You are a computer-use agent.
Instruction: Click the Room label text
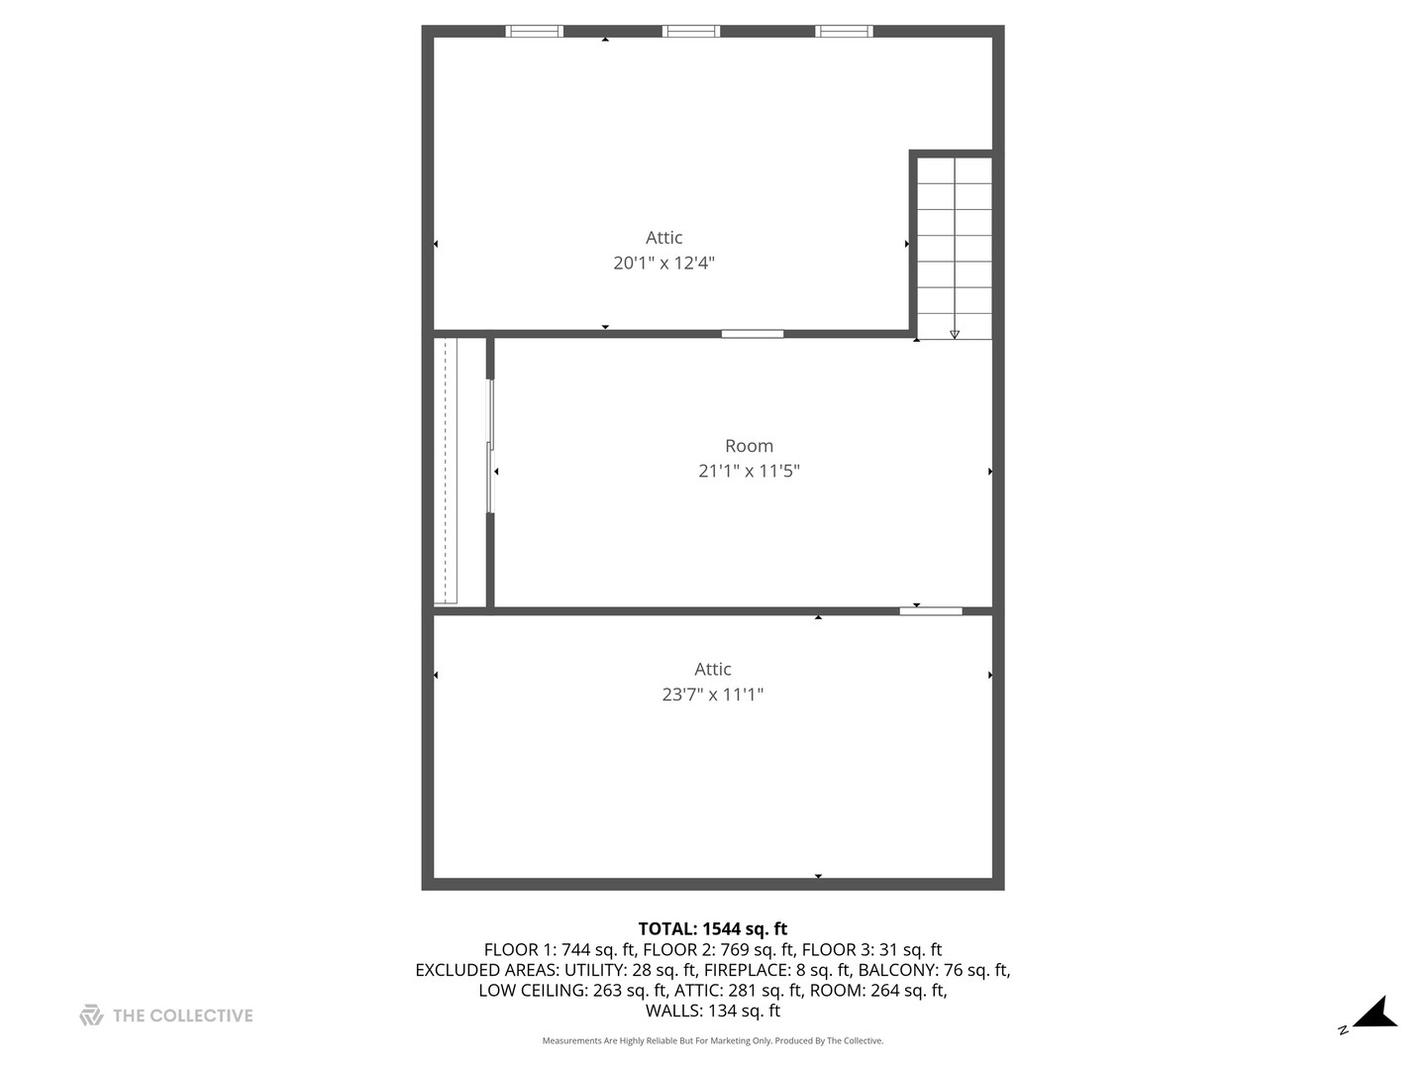pyautogui.click(x=749, y=446)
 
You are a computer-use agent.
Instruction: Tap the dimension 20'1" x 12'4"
pyautogui.click(x=663, y=263)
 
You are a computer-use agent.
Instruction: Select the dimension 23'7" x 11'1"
pyautogui.click(x=712, y=695)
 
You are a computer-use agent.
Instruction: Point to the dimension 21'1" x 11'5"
pyautogui.click(x=749, y=472)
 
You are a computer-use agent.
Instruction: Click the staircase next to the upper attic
pyautogui.click(x=954, y=248)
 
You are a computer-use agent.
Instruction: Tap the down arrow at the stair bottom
pyautogui.click(x=955, y=334)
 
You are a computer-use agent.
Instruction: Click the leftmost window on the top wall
pyautogui.click(x=535, y=32)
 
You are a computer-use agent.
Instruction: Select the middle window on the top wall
pyautogui.click(x=691, y=32)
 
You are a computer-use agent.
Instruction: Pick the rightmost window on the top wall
pyautogui.click(x=844, y=32)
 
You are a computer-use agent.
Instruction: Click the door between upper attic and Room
pyautogui.click(x=753, y=334)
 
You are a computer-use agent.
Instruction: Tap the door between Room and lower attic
pyautogui.click(x=931, y=611)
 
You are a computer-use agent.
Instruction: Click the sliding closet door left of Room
pyautogui.click(x=490, y=446)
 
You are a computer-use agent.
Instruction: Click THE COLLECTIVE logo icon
pyautogui.click(x=91, y=1016)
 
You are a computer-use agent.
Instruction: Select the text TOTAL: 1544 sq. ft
pyautogui.click(x=712, y=929)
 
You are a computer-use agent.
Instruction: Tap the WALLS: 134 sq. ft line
pyautogui.click(x=712, y=1012)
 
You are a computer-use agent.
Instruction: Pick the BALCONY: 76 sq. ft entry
pyautogui.click(x=934, y=970)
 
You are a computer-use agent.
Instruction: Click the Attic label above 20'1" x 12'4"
pyautogui.click(x=663, y=238)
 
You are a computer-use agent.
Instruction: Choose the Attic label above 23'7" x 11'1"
pyautogui.click(x=712, y=670)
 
